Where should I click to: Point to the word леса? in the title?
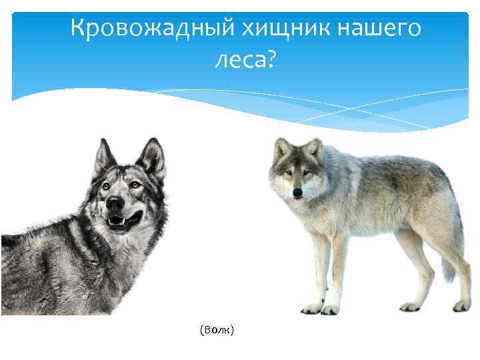click(244, 61)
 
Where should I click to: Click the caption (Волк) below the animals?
click(217, 330)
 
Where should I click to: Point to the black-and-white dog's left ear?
click(103, 156)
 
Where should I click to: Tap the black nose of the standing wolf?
click(297, 193)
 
